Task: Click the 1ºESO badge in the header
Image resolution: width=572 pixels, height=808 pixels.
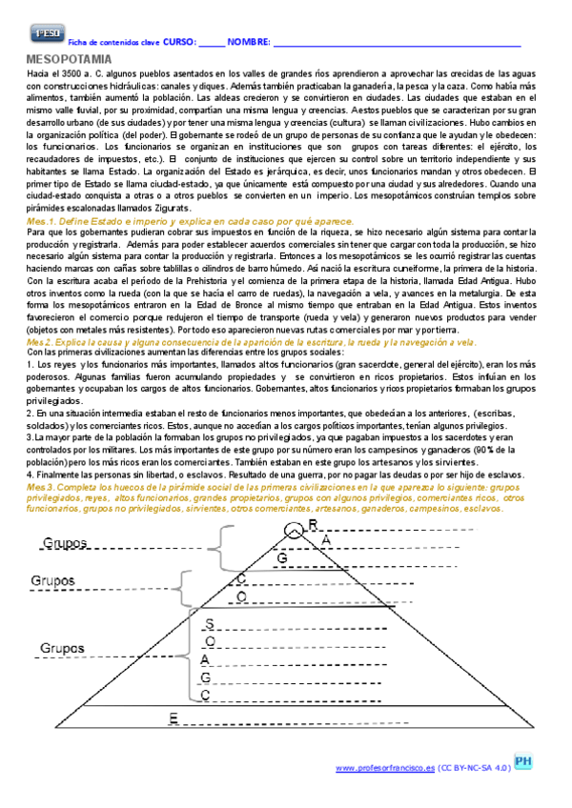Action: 45,34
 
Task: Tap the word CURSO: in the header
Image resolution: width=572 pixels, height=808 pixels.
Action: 179,43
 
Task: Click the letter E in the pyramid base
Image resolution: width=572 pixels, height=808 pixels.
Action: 173,717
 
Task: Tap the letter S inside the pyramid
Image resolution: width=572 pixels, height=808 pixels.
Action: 209,623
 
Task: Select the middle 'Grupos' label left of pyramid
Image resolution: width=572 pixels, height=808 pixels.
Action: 54,580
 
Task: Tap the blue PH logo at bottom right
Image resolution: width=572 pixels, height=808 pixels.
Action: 523,762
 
